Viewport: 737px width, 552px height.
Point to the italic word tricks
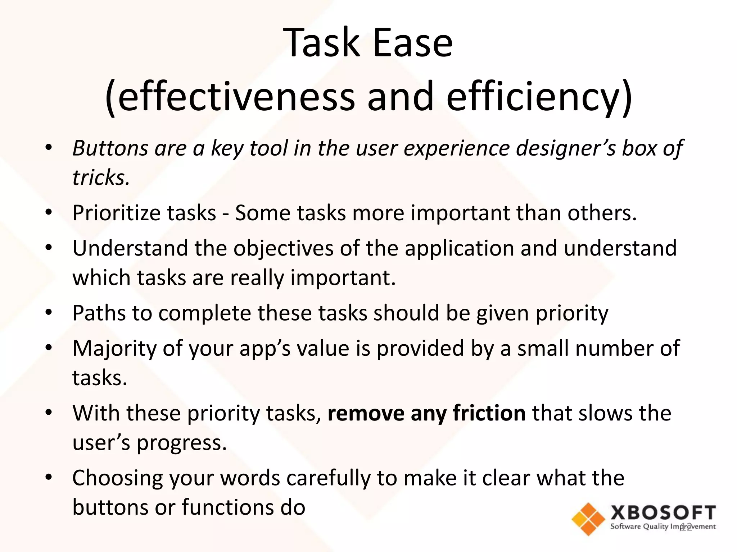(x=101, y=178)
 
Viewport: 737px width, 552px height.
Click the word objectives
(x=283, y=248)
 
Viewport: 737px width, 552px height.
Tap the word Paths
(x=99, y=313)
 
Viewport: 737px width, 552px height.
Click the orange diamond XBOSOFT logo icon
(x=588, y=519)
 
